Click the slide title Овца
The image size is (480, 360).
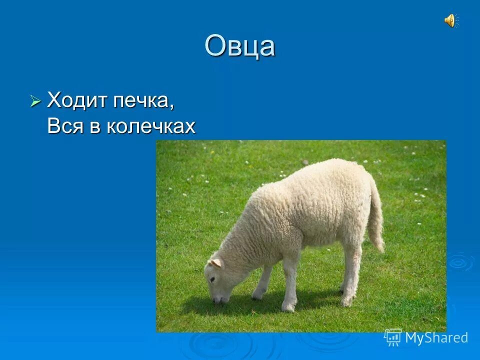coord(239,46)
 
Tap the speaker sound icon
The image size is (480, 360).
coord(449,20)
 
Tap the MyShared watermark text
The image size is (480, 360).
coord(436,337)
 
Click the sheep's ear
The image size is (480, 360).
coord(215,263)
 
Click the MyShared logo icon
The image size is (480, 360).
coord(393,337)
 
